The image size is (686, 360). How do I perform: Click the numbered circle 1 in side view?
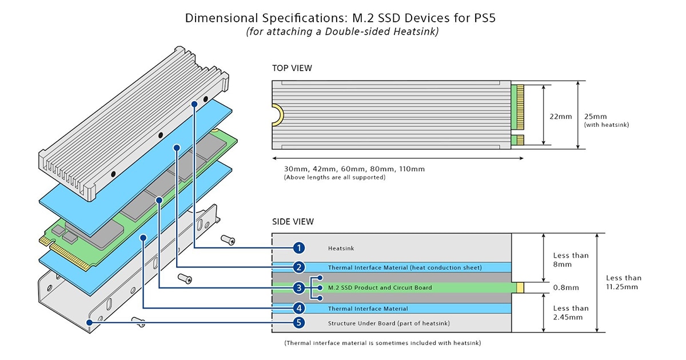point(298,248)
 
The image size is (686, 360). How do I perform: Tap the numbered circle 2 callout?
point(298,267)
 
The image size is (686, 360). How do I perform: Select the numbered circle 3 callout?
point(298,287)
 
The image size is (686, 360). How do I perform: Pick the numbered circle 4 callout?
point(298,308)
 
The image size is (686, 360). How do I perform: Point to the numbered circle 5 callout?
point(298,323)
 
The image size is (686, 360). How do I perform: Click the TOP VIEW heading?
point(292,69)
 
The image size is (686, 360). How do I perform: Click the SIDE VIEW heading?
point(292,222)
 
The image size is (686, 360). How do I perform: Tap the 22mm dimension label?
point(560,117)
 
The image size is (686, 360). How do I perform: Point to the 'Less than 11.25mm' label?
point(623,282)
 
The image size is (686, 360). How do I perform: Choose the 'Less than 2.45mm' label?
point(570,313)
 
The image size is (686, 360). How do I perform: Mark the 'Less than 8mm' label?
point(570,260)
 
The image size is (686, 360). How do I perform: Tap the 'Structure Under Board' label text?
point(388,323)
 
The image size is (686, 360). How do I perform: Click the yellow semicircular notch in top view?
point(277,114)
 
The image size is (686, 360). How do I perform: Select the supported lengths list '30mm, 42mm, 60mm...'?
point(354,169)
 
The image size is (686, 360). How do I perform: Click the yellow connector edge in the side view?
point(520,287)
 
